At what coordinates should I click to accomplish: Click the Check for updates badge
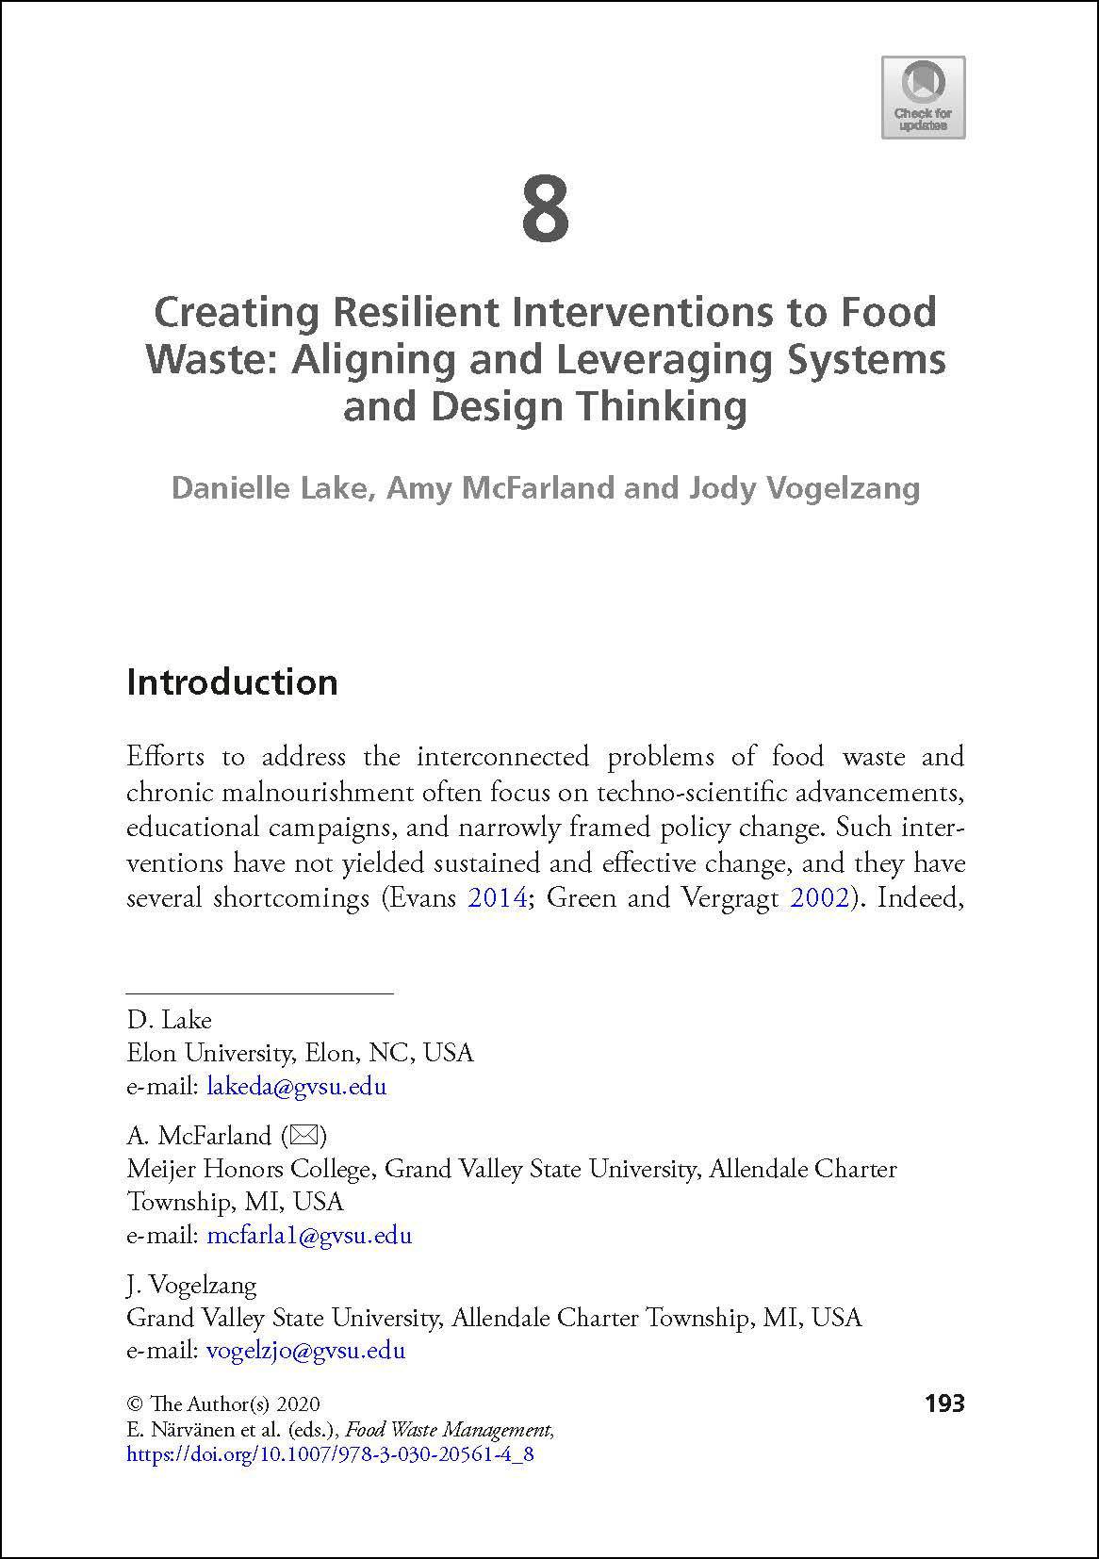[x=923, y=97]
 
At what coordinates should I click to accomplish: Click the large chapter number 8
[x=546, y=210]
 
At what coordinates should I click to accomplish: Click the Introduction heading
[x=232, y=682]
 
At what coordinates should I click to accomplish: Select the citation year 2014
[x=497, y=897]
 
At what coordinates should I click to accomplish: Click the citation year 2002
[x=818, y=897]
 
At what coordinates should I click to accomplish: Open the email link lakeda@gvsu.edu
[x=296, y=1086]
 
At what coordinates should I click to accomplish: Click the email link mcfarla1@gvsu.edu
[x=309, y=1235]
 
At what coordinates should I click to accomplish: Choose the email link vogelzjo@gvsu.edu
[x=305, y=1350]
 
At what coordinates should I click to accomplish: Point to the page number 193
[x=944, y=1404]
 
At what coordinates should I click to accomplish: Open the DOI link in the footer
[x=330, y=1453]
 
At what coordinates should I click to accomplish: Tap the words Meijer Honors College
[x=248, y=1170]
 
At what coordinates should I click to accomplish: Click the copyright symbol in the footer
[x=133, y=1404]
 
